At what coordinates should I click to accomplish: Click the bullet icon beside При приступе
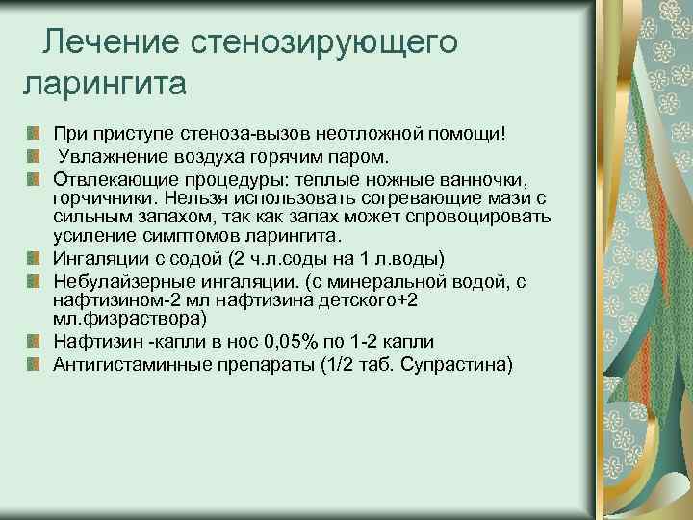[x=33, y=131]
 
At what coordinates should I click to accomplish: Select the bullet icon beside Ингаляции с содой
[x=33, y=259]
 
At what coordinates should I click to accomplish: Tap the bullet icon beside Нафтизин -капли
[x=33, y=341]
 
